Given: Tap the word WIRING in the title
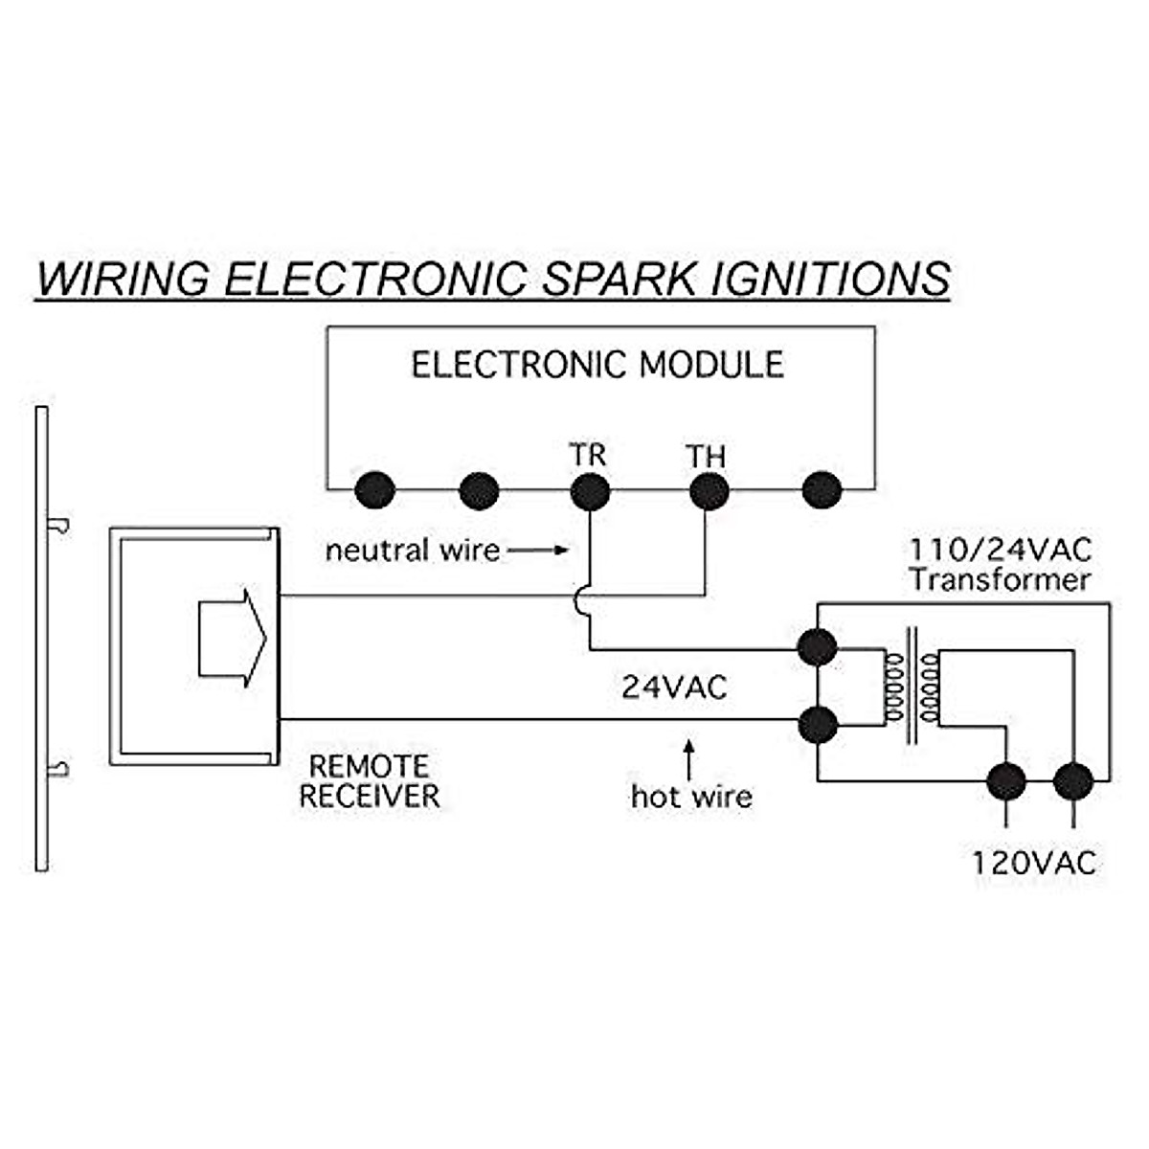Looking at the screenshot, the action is [124, 279].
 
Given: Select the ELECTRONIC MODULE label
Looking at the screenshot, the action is [597, 365].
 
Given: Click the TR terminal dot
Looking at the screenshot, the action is [591, 491].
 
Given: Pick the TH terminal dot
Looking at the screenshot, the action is [709, 491].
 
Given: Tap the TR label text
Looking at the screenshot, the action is [587, 455].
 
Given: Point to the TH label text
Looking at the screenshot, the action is [706, 457].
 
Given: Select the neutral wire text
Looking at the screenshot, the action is [413, 550].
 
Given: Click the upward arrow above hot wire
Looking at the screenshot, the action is [689, 759].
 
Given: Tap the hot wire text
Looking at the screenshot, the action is [691, 798].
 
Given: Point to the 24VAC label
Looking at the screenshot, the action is [674, 687].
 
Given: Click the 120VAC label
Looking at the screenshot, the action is [1034, 863].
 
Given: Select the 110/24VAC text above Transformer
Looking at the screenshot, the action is [1001, 550].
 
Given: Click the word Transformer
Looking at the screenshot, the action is [1002, 580].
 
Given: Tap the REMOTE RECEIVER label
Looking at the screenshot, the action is [370, 781].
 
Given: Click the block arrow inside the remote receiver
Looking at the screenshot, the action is [233, 639].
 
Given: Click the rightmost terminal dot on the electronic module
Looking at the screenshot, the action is [822, 490].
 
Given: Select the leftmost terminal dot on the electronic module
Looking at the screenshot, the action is [374, 490].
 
